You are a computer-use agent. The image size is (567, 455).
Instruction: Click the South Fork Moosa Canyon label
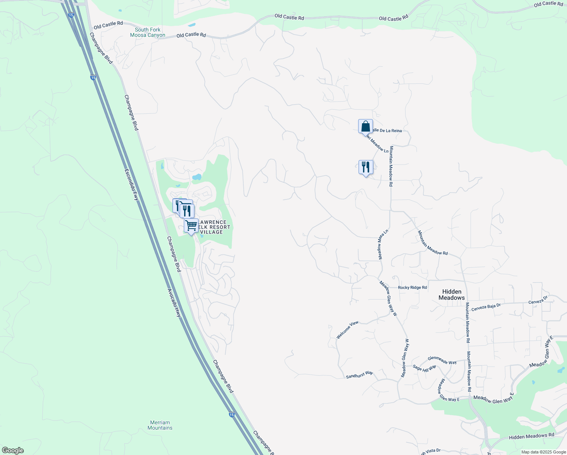[x=147, y=32]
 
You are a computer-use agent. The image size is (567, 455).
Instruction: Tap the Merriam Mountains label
[x=160, y=425]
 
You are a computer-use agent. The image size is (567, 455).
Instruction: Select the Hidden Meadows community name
[x=452, y=295]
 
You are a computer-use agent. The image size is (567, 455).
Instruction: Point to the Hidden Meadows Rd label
[x=531, y=436]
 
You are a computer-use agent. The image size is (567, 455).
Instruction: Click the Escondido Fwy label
[x=131, y=184]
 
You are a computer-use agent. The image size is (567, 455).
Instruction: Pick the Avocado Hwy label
[x=174, y=303]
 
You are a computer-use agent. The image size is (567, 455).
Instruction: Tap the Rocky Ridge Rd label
[x=412, y=287]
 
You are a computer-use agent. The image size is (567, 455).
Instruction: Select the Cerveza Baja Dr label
[x=486, y=307]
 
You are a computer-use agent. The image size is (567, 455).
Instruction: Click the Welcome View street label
[x=347, y=330]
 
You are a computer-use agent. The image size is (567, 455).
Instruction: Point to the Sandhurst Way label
[x=359, y=375]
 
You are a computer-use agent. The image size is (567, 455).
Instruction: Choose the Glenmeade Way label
[x=442, y=360]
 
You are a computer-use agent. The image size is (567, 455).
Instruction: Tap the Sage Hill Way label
[x=424, y=368]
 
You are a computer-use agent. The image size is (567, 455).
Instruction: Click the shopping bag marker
[x=365, y=126]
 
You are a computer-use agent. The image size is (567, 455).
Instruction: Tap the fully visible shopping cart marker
[x=191, y=226]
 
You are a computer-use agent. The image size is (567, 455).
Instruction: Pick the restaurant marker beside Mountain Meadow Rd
[x=366, y=167]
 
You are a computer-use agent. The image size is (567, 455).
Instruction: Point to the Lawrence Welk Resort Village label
[x=214, y=227]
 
